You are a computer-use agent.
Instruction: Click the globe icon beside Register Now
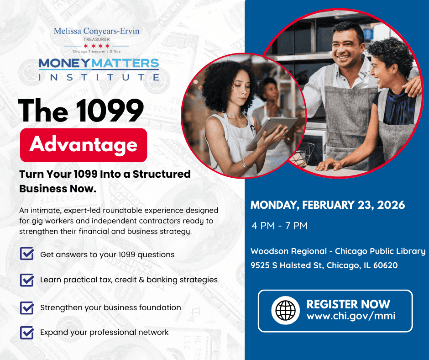pyautogui.click(x=285, y=310)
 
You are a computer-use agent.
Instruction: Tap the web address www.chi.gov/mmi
pyautogui.click(x=351, y=316)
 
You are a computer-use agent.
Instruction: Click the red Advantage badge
pyautogui.click(x=84, y=145)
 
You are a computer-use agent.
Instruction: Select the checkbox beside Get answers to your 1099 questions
pyautogui.click(x=27, y=254)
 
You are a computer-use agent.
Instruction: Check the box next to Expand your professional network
pyautogui.click(x=27, y=332)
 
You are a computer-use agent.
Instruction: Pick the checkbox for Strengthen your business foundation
pyautogui.click(x=27, y=307)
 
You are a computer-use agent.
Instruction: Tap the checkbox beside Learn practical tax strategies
pyautogui.click(x=27, y=280)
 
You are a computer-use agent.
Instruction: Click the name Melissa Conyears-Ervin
pyautogui.click(x=97, y=31)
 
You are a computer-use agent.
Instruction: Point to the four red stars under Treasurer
pyautogui.click(x=97, y=46)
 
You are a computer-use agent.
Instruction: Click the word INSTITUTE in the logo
pyautogui.click(x=99, y=77)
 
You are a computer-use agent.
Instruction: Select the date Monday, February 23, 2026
pyautogui.click(x=328, y=205)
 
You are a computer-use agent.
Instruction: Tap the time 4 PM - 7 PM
pyautogui.click(x=280, y=226)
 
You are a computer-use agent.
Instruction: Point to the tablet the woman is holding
pyautogui.click(x=272, y=133)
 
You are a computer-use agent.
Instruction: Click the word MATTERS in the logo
pyautogui.click(x=125, y=64)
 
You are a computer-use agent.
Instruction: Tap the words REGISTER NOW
pyautogui.click(x=348, y=304)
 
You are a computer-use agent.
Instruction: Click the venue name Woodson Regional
pyautogui.click(x=288, y=251)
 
